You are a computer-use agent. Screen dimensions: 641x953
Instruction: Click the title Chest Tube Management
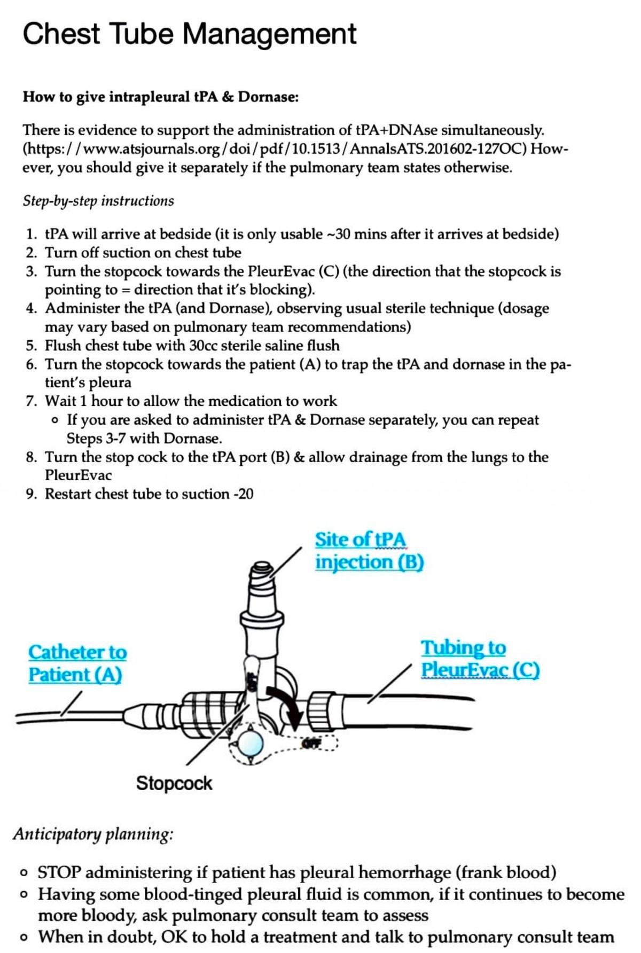189,34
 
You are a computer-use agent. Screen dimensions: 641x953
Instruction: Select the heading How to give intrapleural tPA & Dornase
161,97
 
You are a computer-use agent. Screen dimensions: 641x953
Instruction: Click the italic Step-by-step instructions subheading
98,201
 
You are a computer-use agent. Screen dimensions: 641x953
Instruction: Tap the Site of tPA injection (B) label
369,551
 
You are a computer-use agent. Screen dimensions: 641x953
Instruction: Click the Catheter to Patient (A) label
77,663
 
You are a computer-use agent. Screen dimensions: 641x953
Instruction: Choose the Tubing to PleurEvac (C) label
480,658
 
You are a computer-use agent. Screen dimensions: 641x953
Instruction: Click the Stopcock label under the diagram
174,783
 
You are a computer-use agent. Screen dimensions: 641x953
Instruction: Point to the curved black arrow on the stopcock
285,704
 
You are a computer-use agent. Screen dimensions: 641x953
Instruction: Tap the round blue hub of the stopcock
249,742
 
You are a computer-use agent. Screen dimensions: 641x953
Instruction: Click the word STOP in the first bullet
59,872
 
